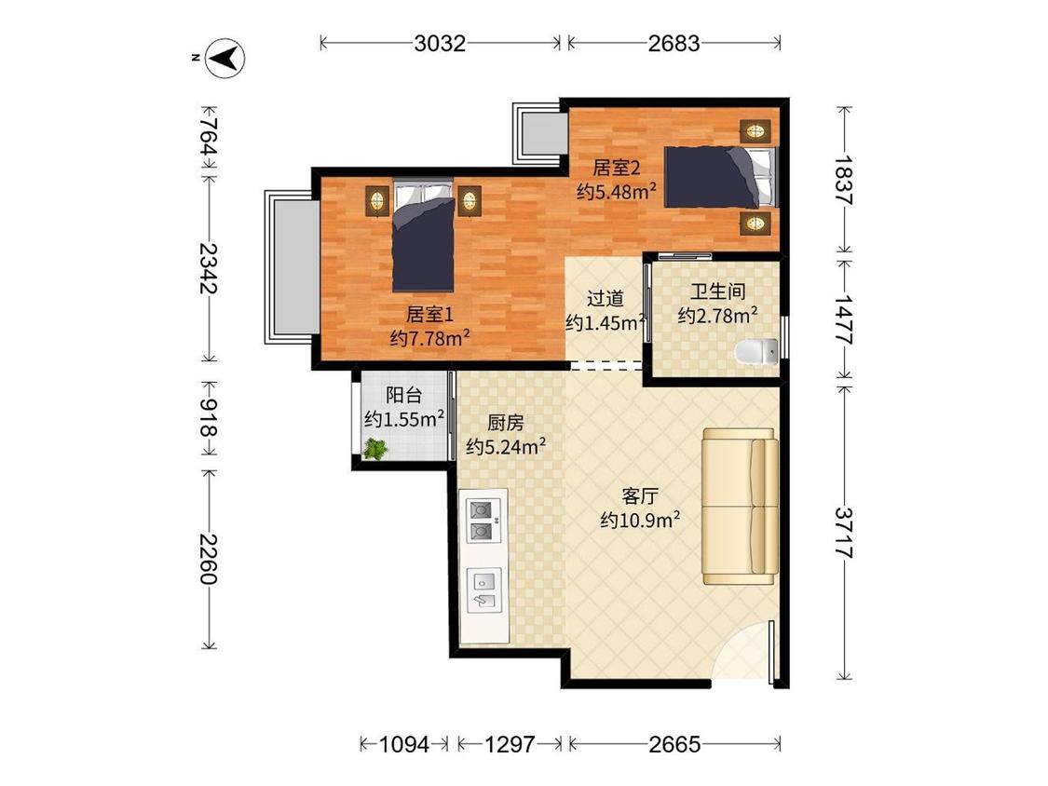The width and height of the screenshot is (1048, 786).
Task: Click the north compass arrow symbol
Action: (x=225, y=58)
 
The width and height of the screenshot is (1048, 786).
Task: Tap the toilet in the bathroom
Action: (x=756, y=352)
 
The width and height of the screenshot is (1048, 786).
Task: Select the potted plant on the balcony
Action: (x=375, y=449)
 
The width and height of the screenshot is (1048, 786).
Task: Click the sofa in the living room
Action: (x=740, y=506)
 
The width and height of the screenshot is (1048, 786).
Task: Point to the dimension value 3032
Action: (x=440, y=44)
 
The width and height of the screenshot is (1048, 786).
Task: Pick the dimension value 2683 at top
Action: (x=674, y=44)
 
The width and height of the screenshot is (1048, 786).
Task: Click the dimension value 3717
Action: (x=844, y=532)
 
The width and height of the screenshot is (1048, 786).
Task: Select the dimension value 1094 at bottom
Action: (x=403, y=744)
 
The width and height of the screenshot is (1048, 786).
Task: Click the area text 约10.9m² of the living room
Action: (x=640, y=520)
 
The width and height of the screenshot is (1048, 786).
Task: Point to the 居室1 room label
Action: (x=430, y=314)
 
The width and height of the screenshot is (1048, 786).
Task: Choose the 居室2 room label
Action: (x=617, y=167)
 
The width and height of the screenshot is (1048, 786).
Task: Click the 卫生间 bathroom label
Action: (x=718, y=291)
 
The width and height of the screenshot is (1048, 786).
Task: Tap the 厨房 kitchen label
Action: (x=505, y=423)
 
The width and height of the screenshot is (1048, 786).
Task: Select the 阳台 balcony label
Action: (x=404, y=395)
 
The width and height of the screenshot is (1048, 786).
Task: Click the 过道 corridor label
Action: (x=606, y=298)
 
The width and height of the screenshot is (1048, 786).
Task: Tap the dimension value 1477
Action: (x=844, y=319)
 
